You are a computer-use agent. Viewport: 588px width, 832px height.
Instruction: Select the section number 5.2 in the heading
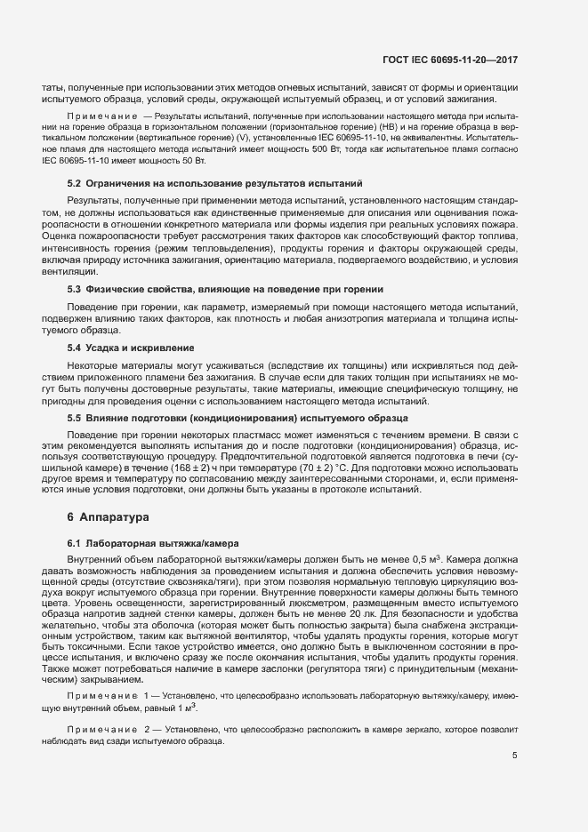(x=75, y=182)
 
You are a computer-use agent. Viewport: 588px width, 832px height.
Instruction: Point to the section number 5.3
(x=75, y=289)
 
